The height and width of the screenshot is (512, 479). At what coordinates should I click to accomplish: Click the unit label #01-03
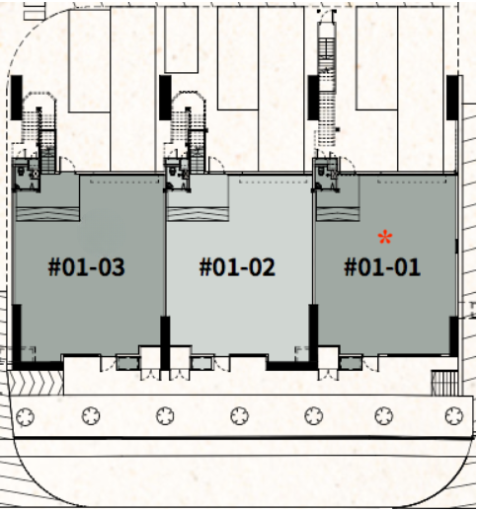pos(86,266)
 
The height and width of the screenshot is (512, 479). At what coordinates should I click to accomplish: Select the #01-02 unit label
pos(237,266)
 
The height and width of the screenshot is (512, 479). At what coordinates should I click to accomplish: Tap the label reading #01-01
pos(382,266)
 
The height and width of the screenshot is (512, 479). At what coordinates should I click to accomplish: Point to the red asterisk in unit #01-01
pos(385,238)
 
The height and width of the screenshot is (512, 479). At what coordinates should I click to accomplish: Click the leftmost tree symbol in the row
pos(25,416)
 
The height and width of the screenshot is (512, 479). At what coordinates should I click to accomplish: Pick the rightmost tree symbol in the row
pos(454,416)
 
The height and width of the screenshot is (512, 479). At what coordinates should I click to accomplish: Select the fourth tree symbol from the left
pos(239,416)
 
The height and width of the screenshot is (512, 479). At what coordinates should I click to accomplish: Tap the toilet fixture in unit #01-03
pos(21,171)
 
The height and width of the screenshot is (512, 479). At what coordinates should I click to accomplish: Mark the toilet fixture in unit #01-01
pos(321,171)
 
